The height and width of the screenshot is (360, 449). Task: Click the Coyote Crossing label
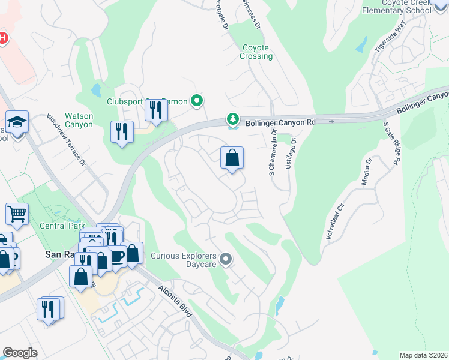click(257, 52)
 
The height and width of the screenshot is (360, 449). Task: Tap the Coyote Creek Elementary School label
click(397, 7)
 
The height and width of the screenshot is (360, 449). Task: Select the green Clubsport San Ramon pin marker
click(196, 101)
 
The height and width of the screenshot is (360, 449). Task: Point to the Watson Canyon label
click(79, 120)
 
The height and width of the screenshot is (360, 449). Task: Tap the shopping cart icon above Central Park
click(17, 214)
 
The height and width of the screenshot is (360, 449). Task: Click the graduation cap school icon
click(17, 122)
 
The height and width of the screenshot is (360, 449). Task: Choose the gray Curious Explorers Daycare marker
click(226, 259)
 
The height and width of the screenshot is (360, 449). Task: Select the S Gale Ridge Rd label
click(391, 143)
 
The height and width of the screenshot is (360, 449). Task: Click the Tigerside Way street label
click(390, 38)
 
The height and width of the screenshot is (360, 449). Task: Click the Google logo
click(20, 352)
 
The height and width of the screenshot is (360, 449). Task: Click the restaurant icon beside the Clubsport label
click(155, 110)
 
